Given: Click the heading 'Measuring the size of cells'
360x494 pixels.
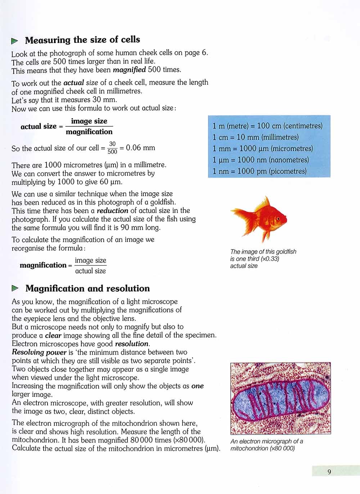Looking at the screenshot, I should click(x=82, y=40).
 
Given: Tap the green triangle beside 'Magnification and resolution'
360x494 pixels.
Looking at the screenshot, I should click(x=15, y=288).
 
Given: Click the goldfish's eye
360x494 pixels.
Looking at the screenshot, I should click(x=278, y=218).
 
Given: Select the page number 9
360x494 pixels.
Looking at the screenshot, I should click(x=329, y=472).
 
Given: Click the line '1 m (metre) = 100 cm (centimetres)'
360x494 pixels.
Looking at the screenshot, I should click(x=267, y=126).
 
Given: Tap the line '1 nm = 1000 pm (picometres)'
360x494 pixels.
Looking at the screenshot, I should click(x=260, y=171).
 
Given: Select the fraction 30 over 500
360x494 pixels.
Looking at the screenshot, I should click(x=112, y=148).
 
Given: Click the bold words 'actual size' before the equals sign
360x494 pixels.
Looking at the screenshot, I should click(x=39, y=126).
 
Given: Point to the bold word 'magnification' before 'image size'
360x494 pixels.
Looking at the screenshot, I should click(x=43, y=265).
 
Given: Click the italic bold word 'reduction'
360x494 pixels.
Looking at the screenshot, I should click(x=112, y=211).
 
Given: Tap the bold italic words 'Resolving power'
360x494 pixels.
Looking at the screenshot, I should click(x=39, y=352).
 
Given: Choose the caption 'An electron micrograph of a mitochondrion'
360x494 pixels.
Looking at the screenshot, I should click(x=266, y=445).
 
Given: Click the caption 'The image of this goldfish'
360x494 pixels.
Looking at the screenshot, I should click(x=263, y=252).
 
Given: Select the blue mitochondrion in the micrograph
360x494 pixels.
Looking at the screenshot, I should click(x=280, y=399).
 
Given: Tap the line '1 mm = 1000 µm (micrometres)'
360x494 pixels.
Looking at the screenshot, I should click(x=263, y=148).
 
